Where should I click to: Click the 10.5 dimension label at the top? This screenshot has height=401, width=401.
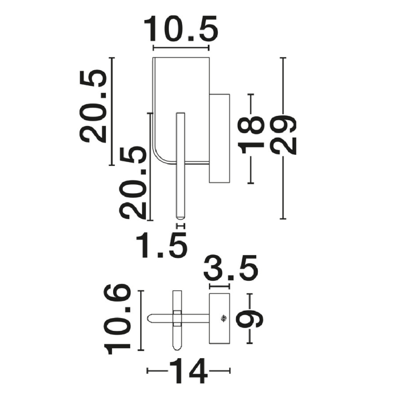tap(180, 28)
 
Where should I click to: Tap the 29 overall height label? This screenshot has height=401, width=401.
tap(283, 135)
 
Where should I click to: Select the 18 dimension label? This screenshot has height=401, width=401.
tap(251, 135)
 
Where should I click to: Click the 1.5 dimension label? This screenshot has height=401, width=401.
tap(162, 245)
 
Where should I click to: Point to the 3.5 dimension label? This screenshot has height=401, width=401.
tap(231, 267)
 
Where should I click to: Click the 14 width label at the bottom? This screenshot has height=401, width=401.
tap(188, 371)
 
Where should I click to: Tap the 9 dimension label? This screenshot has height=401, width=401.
tap(250, 319)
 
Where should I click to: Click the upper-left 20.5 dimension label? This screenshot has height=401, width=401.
tap(92, 106)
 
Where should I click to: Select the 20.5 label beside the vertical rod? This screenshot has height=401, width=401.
tap(133, 183)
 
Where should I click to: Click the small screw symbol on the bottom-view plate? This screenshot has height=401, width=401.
tap(224, 319)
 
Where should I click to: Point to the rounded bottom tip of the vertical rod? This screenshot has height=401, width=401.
tap(180, 218)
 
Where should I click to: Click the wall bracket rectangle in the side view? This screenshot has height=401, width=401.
tap(219, 138)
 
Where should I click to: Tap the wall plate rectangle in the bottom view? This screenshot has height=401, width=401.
tap(219, 319)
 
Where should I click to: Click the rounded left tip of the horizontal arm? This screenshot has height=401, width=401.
tap(149, 319)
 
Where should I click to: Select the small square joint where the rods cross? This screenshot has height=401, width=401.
tap(177, 319)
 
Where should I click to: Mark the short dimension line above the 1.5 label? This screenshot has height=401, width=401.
tap(180, 226)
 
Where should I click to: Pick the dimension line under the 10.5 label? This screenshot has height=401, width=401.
tap(181, 48)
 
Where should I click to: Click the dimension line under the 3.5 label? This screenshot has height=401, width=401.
tap(219, 286)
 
